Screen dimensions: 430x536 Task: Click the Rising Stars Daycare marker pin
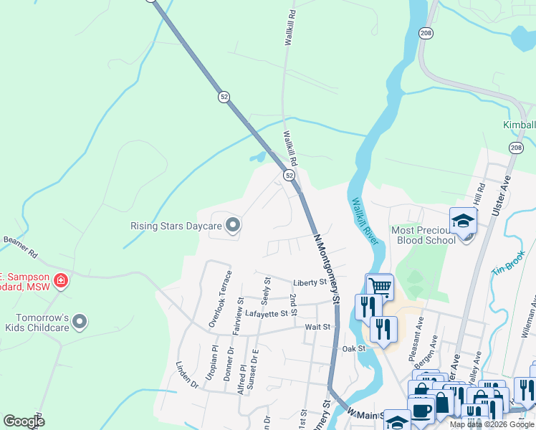[232, 226]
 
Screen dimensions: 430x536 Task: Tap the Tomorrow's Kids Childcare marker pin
[80, 322]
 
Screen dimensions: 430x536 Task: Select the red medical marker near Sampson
[61, 280]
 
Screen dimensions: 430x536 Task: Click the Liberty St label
[310, 283]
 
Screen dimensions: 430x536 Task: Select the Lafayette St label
[271, 313]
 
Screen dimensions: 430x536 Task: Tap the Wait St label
[317, 327]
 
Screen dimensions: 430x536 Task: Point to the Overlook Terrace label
[219, 299]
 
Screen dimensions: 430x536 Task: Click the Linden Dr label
[187, 375]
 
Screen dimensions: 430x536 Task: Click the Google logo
[24, 421]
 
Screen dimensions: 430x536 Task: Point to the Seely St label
[266, 289]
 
